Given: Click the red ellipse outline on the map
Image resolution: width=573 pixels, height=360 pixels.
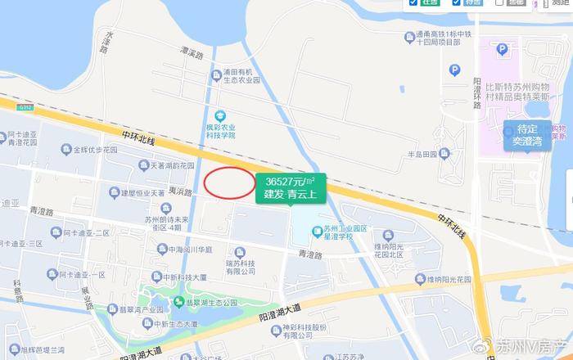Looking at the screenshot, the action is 229,182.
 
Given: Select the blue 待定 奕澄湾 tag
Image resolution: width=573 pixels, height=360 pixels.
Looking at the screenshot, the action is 527,135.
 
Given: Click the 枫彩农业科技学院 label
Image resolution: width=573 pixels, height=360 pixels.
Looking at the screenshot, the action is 220,131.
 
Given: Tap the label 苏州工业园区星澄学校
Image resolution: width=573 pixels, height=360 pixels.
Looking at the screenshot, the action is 348,232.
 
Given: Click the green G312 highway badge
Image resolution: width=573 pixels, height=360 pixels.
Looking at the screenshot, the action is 25,107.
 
